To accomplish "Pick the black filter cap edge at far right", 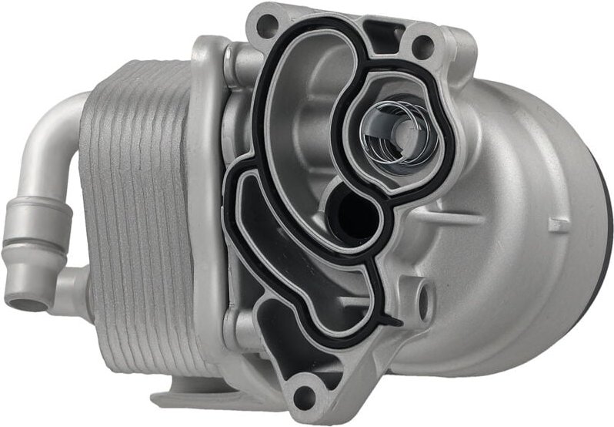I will click(x=608, y=231).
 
